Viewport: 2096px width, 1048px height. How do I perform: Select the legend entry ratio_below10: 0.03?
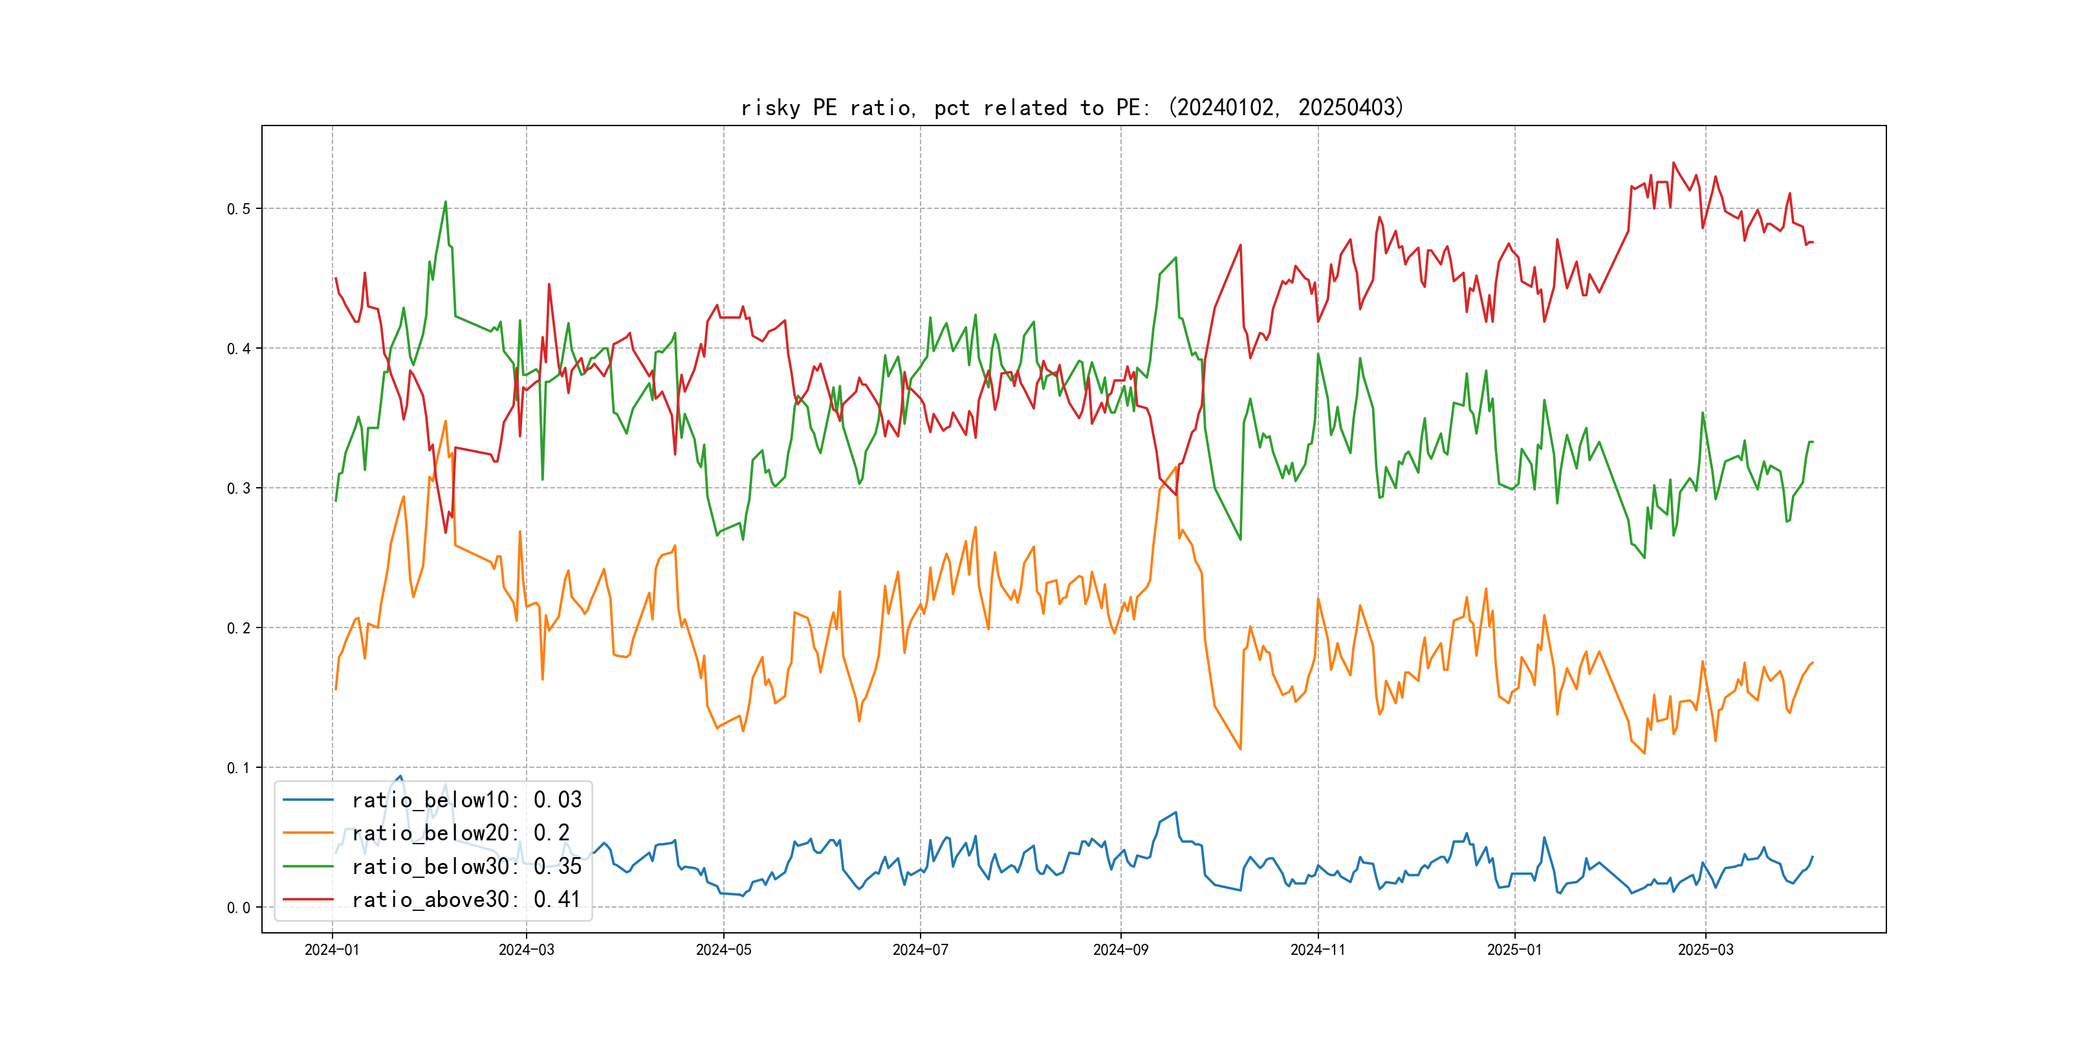[466, 800]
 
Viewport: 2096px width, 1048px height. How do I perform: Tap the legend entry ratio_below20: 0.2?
[460, 833]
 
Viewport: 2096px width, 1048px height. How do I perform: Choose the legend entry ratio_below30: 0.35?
[466, 867]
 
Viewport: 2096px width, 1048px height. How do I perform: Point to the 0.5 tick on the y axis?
[239, 209]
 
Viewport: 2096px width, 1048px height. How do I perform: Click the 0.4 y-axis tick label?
[239, 349]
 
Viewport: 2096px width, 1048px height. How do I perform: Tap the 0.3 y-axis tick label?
[239, 488]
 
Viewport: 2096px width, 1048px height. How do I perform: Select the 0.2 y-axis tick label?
[239, 628]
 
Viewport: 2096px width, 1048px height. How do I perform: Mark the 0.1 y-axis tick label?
[239, 768]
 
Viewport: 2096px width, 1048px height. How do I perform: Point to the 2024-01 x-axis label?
[332, 950]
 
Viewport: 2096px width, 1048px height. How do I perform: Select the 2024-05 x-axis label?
[723, 950]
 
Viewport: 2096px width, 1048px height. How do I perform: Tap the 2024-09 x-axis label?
[1120, 950]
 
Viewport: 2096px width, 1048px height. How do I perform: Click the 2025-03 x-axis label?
[1705, 950]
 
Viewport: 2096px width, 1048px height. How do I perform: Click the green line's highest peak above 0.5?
[445, 202]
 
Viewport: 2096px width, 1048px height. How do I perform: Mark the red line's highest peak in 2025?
[1674, 163]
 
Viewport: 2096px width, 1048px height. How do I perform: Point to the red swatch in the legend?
[307, 900]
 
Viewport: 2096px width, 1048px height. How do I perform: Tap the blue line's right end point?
[1812, 857]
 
